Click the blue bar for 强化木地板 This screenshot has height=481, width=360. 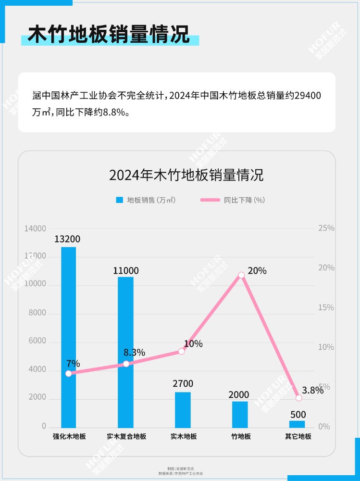(68, 337)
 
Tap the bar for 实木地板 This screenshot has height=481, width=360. (183, 409)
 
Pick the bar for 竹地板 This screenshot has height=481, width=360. (240, 414)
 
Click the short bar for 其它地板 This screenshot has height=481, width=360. (297, 424)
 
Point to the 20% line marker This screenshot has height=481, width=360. (241, 275)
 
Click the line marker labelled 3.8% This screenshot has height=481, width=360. (298, 398)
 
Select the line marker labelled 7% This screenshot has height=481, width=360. (68, 373)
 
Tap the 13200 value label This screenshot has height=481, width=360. (67, 239)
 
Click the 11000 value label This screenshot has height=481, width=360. (126, 271)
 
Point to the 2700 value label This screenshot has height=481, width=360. (183, 384)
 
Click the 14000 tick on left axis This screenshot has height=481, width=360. (36, 228)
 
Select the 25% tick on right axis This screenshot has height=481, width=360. (326, 228)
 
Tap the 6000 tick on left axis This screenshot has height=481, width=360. (37, 342)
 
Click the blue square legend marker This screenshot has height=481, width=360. (120, 200)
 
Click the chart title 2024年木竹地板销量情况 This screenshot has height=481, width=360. (186, 175)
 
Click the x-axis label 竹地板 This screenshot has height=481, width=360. (241, 437)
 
